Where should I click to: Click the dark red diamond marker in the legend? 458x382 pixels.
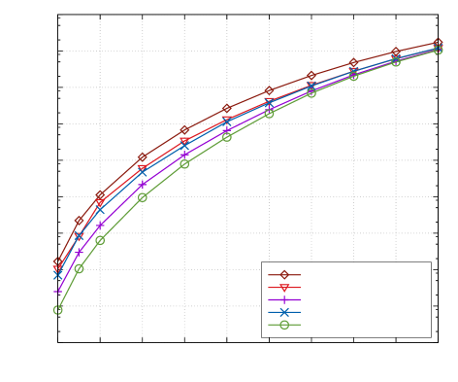click(x=284, y=275)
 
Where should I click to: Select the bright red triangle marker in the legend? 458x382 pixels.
click(x=284, y=288)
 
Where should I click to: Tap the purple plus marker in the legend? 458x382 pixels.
click(x=284, y=300)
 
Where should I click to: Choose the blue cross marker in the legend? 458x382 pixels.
click(x=284, y=312)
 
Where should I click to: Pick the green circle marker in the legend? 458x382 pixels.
click(x=284, y=325)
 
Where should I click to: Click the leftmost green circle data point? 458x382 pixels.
click(x=58, y=310)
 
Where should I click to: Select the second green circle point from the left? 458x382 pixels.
click(x=80, y=268)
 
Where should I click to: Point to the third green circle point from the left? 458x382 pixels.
click(x=100, y=240)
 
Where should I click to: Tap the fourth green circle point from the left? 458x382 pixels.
click(x=143, y=197)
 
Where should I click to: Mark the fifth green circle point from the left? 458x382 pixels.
click(x=184, y=163)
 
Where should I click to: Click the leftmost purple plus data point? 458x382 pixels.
click(x=58, y=291)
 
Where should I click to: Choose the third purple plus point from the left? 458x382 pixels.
click(x=100, y=226)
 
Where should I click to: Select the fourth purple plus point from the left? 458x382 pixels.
click(x=143, y=185)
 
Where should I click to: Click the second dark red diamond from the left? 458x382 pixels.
click(x=80, y=222)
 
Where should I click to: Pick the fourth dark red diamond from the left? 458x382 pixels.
click(x=143, y=157)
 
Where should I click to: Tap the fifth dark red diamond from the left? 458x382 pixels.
click(x=184, y=130)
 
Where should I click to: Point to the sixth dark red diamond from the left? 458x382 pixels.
click(x=227, y=109)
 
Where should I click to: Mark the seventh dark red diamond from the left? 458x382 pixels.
click(x=269, y=90)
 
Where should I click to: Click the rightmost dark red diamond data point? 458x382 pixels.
click(x=438, y=43)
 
